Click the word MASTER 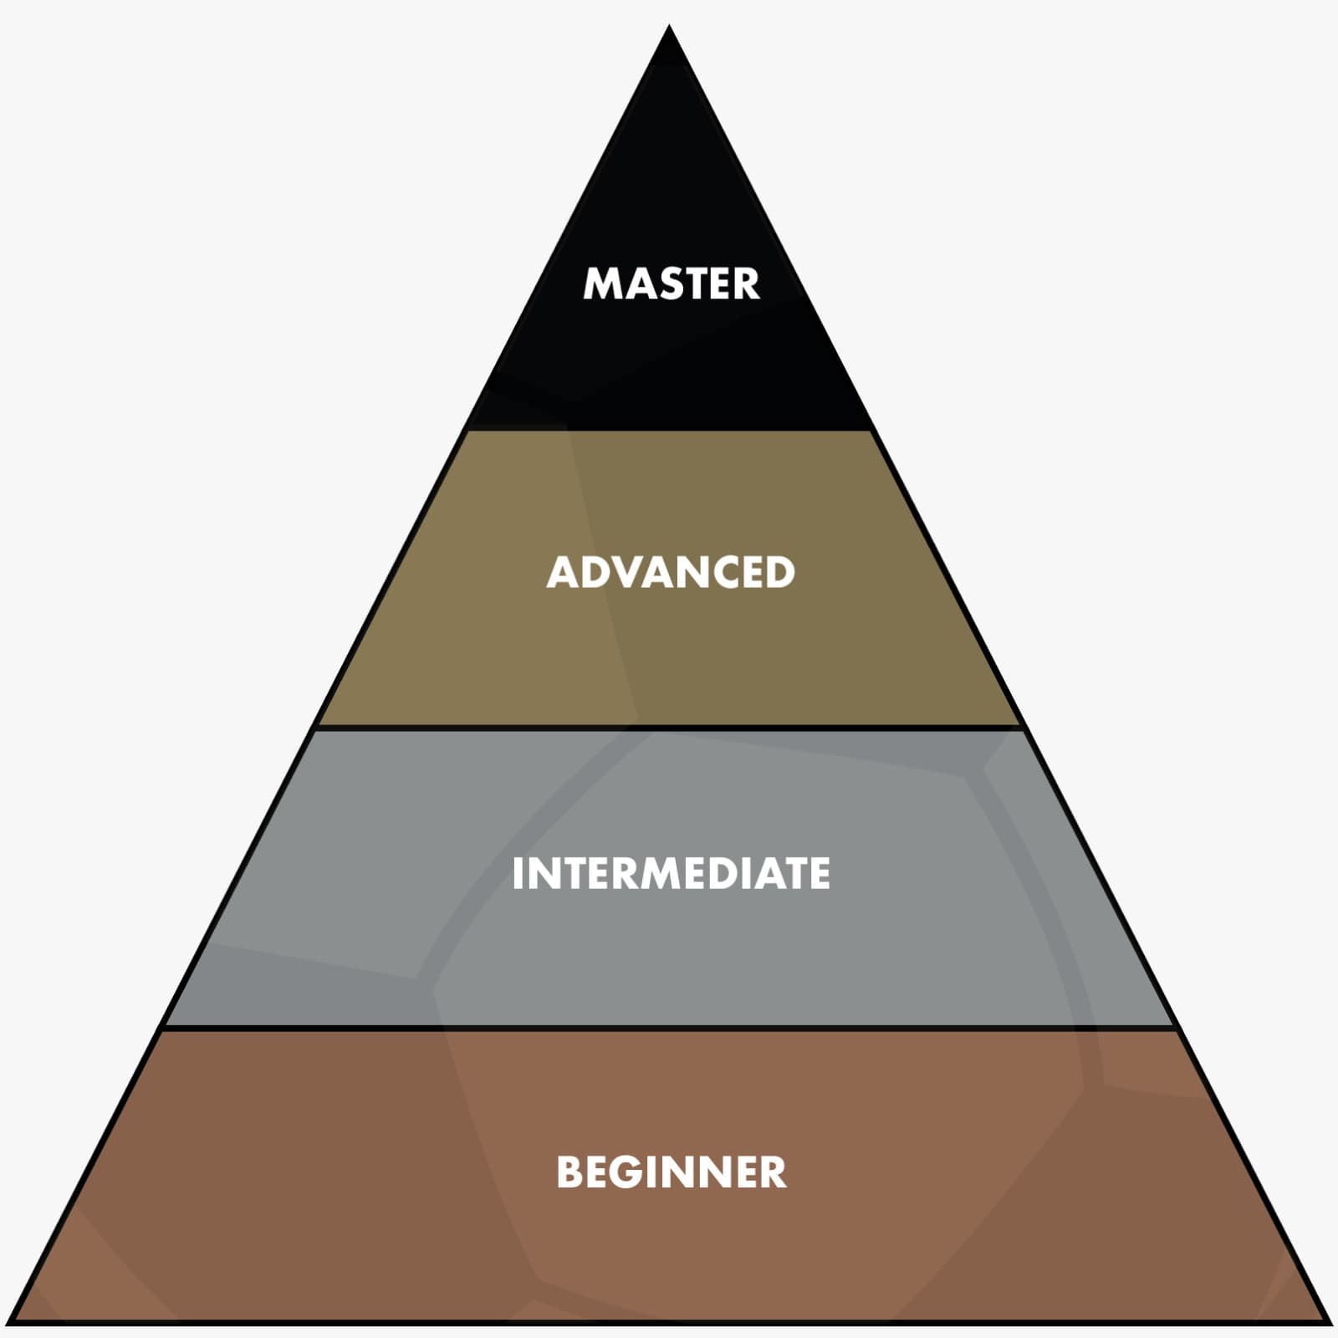pos(671,283)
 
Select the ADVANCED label pos(671,572)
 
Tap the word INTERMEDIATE pos(671,874)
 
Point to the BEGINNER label pos(672,1172)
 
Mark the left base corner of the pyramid pos(12,1322)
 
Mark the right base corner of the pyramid pos(1327,1322)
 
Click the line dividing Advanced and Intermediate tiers pos(669,728)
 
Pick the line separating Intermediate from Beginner pos(669,1027)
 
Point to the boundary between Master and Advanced pos(669,430)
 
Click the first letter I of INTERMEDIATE pos(517,874)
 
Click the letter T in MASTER pos(691,283)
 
